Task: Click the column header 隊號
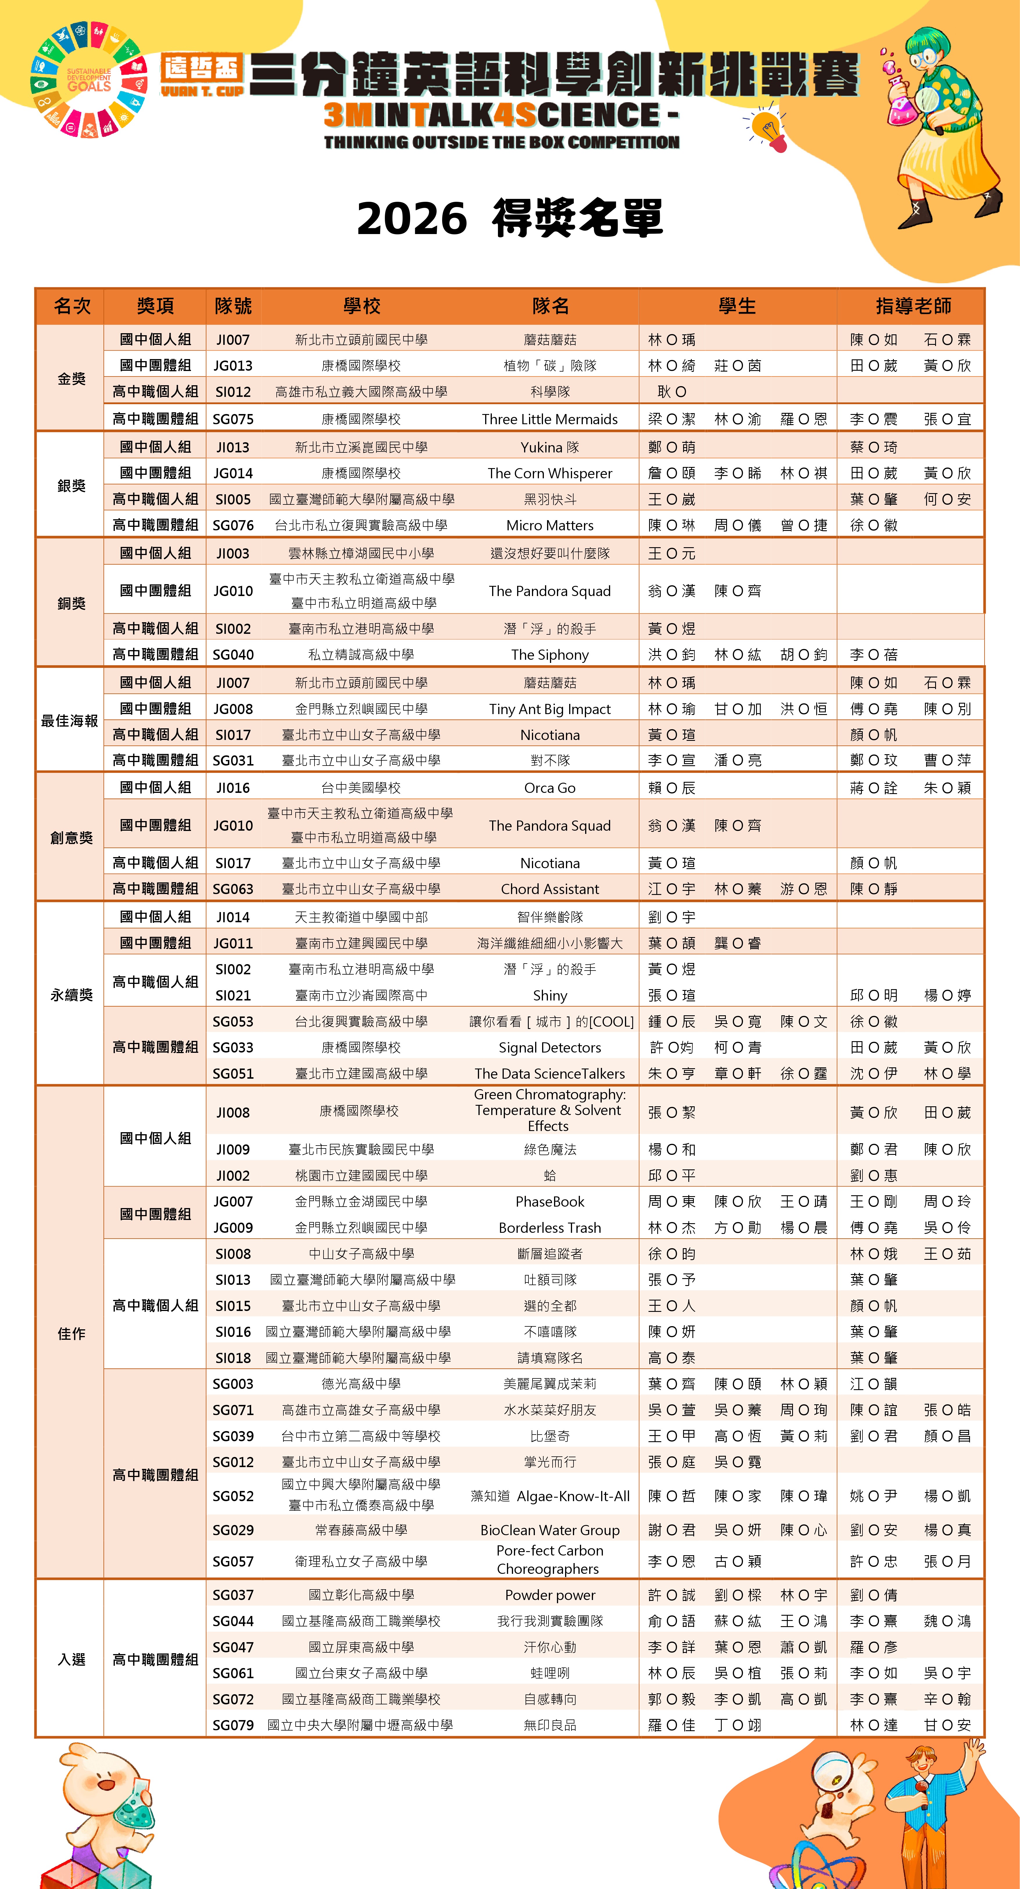pos(233,306)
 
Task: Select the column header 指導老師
pos(913,306)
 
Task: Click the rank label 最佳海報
pos(70,721)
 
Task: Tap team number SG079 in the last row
pos(233,1725)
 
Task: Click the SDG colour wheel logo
pos(88,79)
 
